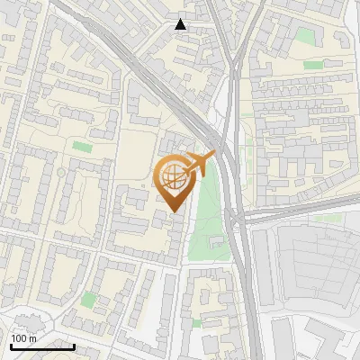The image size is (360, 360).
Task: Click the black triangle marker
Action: pyautogui.click(x=181, y=24)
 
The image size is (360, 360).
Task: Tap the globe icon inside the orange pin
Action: pyautogui.click(x=174, y=178)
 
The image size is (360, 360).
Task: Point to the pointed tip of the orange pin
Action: pyautogui.click(x=174, y=212)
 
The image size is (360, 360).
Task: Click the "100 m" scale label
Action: pyautogui.click(x=22, y=338)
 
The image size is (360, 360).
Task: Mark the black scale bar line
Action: pyautogui.click(x=41, y=346)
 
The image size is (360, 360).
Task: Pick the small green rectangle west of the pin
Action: pyautogui.click(x=83, y=146)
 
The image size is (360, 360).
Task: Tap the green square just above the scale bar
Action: pyautogui.click(x=88, y=299)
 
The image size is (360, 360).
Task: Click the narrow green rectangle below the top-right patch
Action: pyautogui.click(x=313, y=65)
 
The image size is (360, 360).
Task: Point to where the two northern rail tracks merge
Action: pyautogui.click(x=232, y=67)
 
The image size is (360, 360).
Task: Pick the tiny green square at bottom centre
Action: pyautogui.click(x=196, y=322)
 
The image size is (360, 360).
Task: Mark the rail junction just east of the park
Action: pyautogui.click(x=236, y=216)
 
